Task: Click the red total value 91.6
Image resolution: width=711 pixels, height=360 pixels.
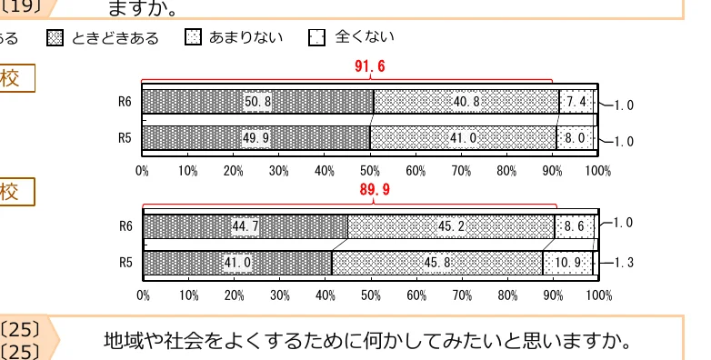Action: tap(370, 66)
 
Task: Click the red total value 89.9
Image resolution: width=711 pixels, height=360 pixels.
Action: tap(373, 190)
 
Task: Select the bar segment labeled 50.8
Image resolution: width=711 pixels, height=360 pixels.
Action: tap(257, 102)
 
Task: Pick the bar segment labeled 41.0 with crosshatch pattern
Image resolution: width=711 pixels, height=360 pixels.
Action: tap(463, 138)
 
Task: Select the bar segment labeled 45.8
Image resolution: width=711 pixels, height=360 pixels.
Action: tap(437, 263)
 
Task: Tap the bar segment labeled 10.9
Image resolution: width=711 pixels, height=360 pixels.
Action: tap(568, 263)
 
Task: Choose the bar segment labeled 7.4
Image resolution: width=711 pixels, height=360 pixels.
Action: tap(576, 102)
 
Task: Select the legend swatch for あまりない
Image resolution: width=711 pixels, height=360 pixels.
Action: tap(193, 37)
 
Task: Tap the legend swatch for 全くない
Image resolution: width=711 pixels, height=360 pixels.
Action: tap(317, 37)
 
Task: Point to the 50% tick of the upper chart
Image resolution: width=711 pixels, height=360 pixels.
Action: tap(370, 170)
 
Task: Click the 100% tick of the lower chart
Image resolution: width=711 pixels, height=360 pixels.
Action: tap(598, 295)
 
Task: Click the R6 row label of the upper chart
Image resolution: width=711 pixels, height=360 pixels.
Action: tap(125, 102)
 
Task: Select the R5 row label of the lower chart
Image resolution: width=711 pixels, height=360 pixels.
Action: tap(126, 263)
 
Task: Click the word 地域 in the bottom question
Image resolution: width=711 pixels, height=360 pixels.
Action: tap(119, 342)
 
